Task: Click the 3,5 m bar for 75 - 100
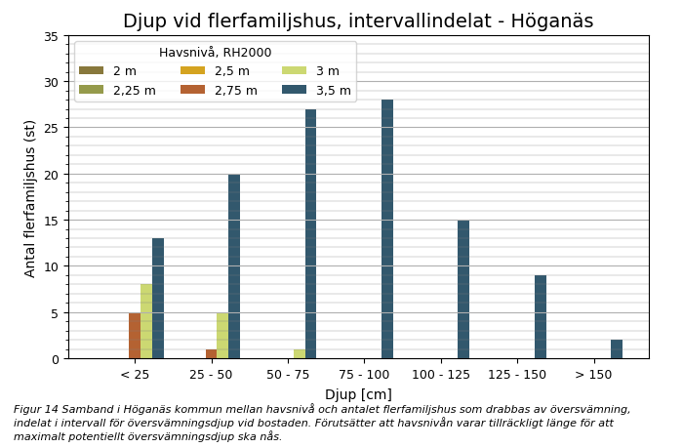tap(387, 229)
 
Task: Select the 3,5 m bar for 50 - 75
tap(310, 234)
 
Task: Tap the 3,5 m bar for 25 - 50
tap(234, 266)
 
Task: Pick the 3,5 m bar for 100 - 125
tap(463, 289)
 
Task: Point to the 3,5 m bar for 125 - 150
tap(541, 317)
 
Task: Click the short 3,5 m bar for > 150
tap(617, 349)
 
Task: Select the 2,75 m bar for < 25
tap(135, 336)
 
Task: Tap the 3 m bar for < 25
tap(146, 322)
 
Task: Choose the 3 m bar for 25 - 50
tap(222, 336)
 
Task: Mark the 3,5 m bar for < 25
tap(158, 299)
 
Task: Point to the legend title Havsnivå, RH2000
tap(215, 53)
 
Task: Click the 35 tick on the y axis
tap(51, 36)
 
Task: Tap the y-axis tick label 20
tap(51, 175)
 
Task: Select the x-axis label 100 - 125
tap(441, 375)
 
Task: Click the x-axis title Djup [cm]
tap(358, 394)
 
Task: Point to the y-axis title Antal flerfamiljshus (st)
tap(30, 198)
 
